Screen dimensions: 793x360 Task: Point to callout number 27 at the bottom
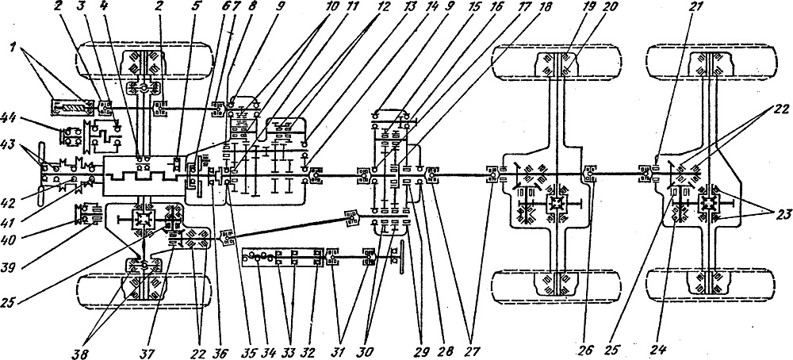(471, 350)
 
